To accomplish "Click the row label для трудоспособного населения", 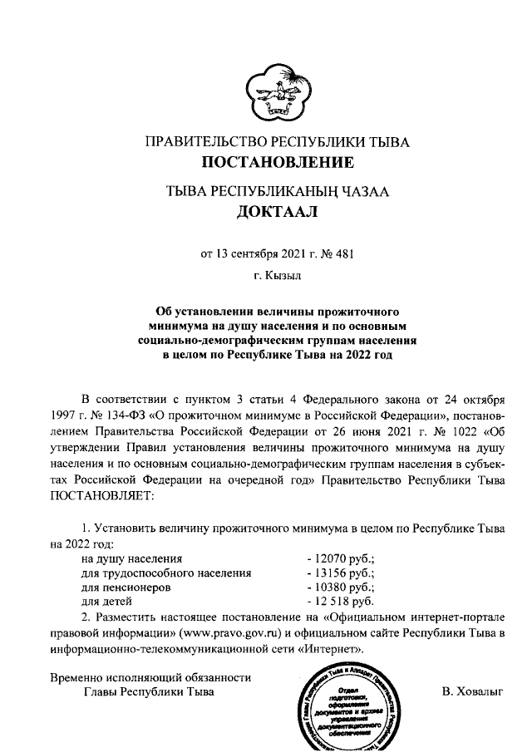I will pyautogui.click(x=165, y=573).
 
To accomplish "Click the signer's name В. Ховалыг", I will pyautogui.click(x=473, y=691).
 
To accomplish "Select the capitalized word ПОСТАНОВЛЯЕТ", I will pyautogui.click(x=102, y=496).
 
